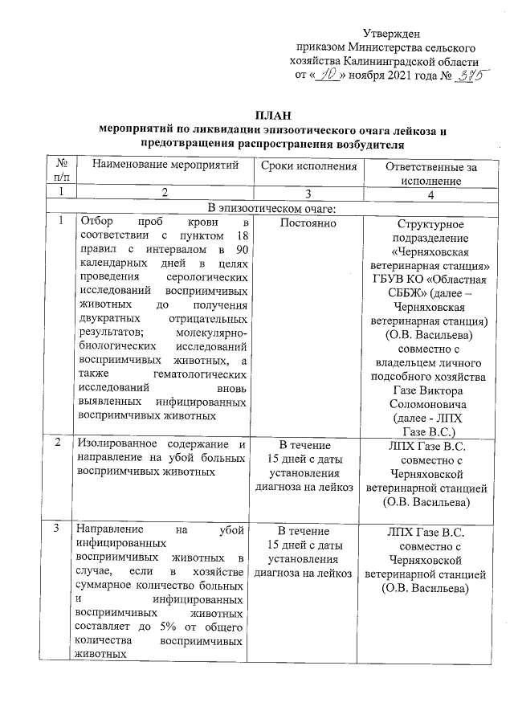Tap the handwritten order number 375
point(473,75)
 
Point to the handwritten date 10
point(327,74)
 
